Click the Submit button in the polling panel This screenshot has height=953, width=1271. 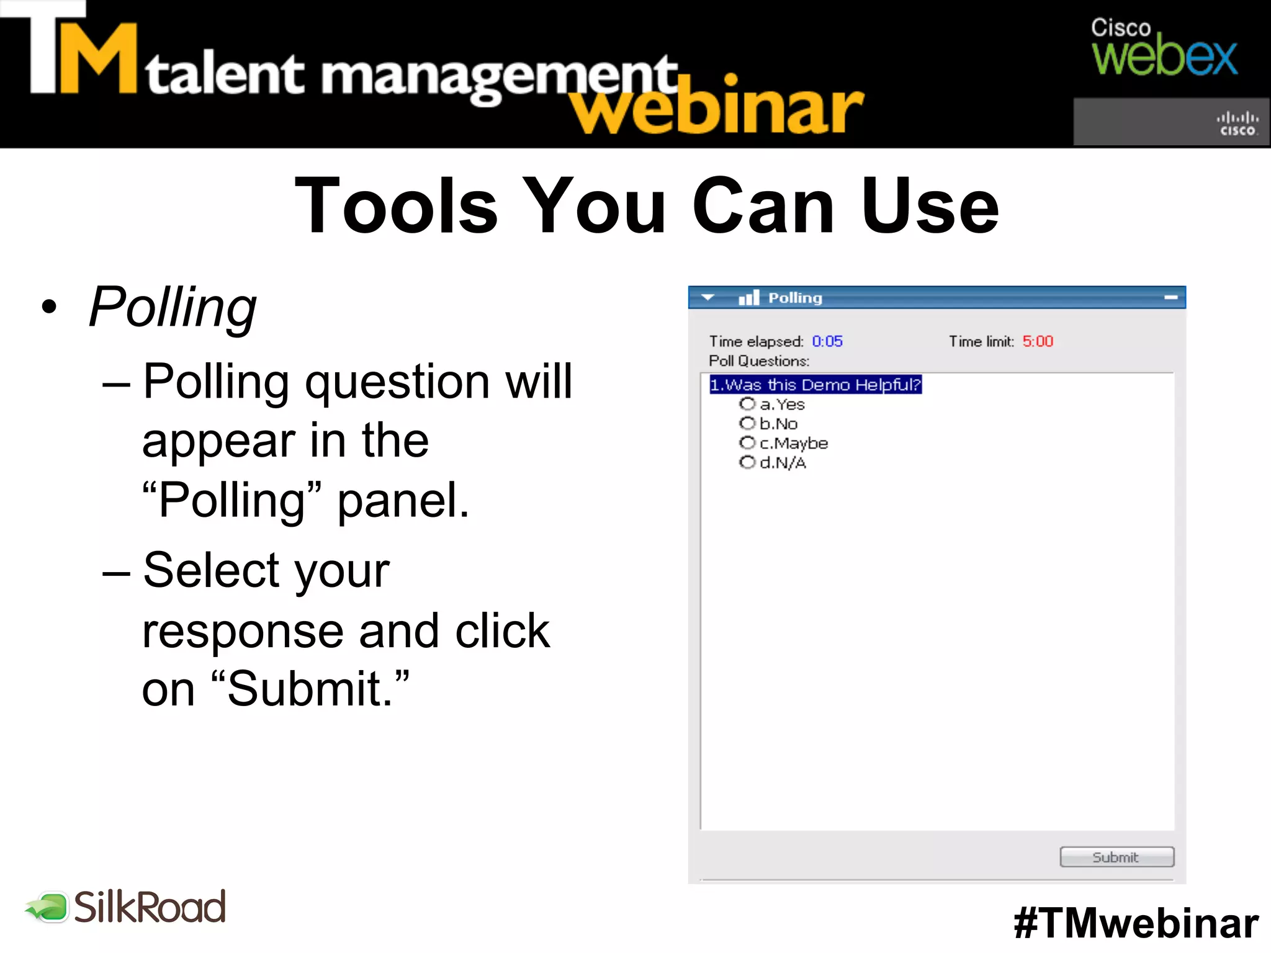click(1116, 857)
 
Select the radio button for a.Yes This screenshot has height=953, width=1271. click(747, 405)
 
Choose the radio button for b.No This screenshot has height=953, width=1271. click(747, 424)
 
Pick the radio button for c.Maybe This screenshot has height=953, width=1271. click(747, 443)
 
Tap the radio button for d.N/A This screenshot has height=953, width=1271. click(747, 462)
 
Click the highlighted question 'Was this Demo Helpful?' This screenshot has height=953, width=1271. click(815, 385)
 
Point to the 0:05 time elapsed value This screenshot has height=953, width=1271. click(827, 341)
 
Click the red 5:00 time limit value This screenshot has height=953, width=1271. click(1038, 341)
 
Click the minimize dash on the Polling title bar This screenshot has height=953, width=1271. click(1170, 298)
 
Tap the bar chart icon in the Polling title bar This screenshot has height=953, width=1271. click(749, 298)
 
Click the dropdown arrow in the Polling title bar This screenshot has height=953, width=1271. click(707, 298)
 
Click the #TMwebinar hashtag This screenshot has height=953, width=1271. click(1136, 923)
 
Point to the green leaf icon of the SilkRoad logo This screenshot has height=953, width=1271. click(47, 908)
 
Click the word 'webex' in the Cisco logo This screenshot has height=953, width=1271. click(1164, 58)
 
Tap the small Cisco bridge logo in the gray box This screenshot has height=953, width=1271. click(1237, 123)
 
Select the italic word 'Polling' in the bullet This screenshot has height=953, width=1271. click(173, 307)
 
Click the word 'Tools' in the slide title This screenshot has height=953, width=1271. click(396, 206)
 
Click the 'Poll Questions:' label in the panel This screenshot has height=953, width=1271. click(759, 361)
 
